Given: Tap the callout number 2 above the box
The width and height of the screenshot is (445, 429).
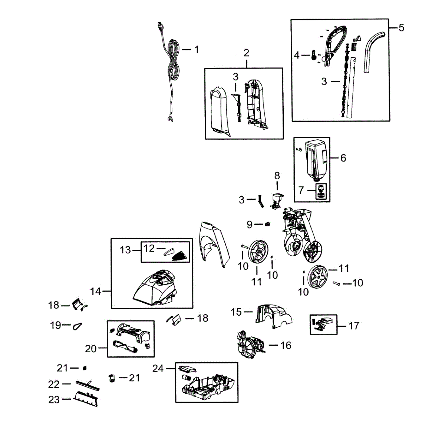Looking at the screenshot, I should click(x=246, y=53).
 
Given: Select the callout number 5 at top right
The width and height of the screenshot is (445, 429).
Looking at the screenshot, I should click(x=401, y=28).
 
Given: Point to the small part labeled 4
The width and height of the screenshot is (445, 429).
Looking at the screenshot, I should click(x=314, y=55).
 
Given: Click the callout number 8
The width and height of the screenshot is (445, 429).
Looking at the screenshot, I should click(x=277, y=176).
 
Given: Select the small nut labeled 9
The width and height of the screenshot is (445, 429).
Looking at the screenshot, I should click(x=267, y=224).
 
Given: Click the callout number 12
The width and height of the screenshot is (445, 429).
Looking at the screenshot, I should click(x=149, y=248).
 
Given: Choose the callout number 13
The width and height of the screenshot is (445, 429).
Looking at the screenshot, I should click(x=125, y=250).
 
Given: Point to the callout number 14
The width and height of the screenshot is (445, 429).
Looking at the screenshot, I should click(x=95, y=291).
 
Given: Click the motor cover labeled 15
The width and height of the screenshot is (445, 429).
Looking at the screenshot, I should click(x=273, y=315).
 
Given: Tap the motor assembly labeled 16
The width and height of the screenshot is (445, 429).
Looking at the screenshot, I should click(x=249, y=345).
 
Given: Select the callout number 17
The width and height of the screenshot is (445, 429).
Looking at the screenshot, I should click(x=354, y=326).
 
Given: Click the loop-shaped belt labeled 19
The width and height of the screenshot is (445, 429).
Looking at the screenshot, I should click(x=78, y=326).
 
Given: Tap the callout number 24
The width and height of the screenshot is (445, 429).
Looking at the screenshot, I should click(x=158, y=368).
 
